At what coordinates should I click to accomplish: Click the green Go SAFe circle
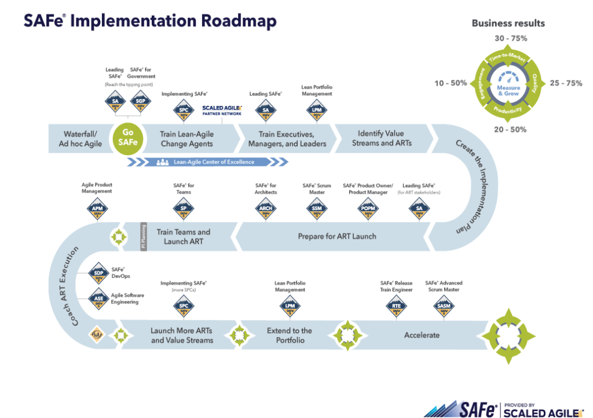[x=127, y=138]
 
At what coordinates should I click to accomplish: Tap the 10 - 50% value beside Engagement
[x=451, y=83]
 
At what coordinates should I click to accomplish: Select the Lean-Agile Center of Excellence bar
[x=206, y=162]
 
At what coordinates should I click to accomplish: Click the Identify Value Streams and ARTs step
[x=382, y=138]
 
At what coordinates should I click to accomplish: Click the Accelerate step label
[x=422, y=335]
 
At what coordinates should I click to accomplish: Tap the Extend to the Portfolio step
[x=290, y=335]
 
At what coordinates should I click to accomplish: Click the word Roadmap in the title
[x=239, y=21]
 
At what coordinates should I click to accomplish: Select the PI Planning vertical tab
[x=144, y=237]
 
